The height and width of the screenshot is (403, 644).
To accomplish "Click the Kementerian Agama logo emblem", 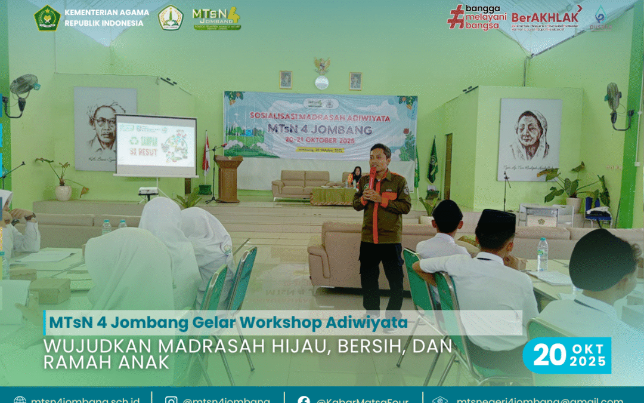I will tap(47, 17).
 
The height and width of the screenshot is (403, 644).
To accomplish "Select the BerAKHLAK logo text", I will tap(546, 17).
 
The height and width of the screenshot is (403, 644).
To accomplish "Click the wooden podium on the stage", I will tap(228, 178).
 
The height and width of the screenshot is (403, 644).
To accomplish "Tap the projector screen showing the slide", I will tap(156, 145).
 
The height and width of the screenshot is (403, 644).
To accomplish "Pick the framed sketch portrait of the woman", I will tap(530, 139).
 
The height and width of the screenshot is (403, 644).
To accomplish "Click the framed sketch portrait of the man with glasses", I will tap(105, 128).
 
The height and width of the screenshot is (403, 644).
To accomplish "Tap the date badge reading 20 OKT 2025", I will tap(566, 355).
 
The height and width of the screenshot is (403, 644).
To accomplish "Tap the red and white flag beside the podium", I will tap(206, 154).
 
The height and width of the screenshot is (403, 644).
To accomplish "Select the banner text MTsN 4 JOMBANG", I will tap(320, 130).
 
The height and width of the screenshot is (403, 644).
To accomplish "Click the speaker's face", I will tap(380, 156).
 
